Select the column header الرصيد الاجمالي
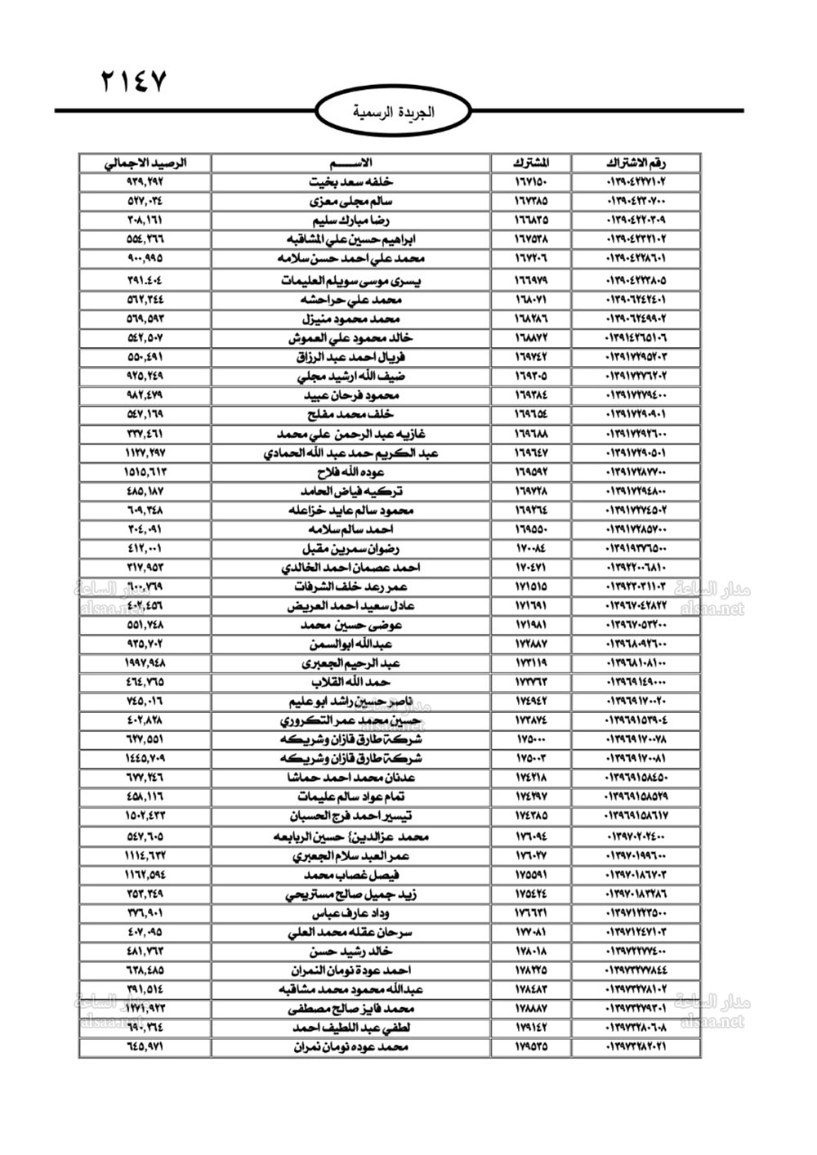(x=146, y=163)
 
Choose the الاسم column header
(x=350, y=163)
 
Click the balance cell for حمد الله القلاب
(x=146, y=682)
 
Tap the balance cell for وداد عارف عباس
(x=146, y=912)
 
